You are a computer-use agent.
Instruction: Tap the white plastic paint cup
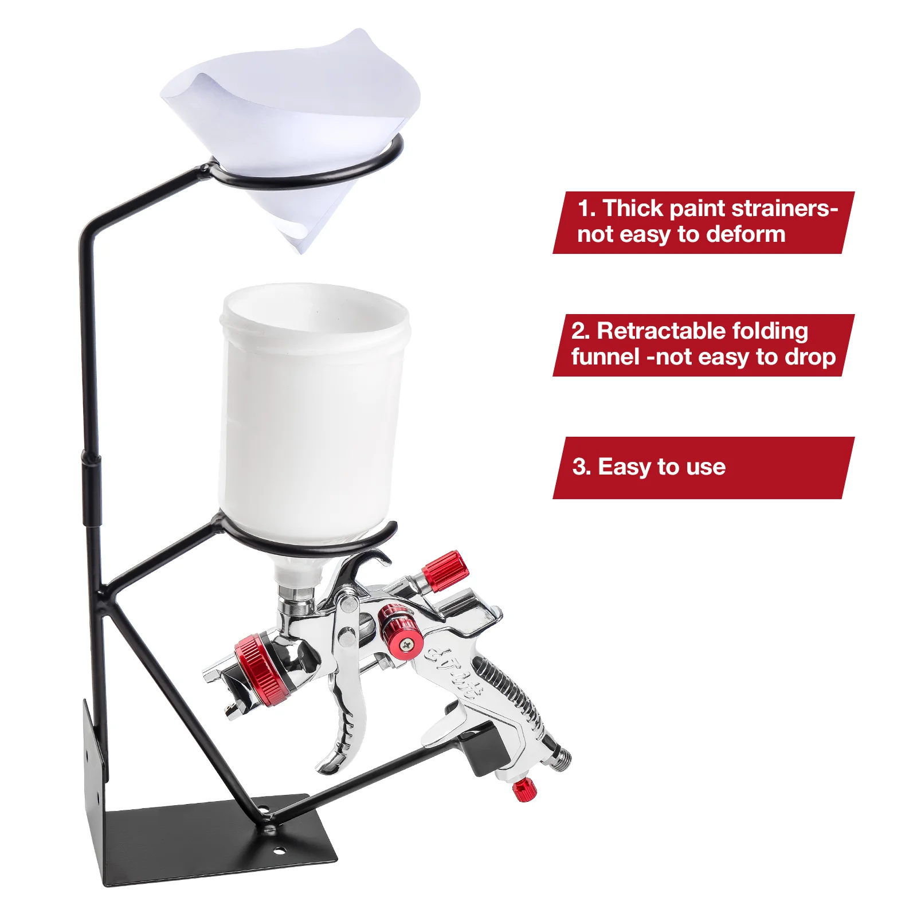[x=312, y=413]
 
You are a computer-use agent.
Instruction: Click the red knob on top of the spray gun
[x=446, y=570]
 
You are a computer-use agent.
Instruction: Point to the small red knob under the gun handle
[x=523, y=790]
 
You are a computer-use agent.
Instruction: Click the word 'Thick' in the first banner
[x=633, y=209]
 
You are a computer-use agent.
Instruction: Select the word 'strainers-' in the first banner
[x=785, y=209]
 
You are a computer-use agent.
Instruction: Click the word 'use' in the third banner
[x=705, y=467]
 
